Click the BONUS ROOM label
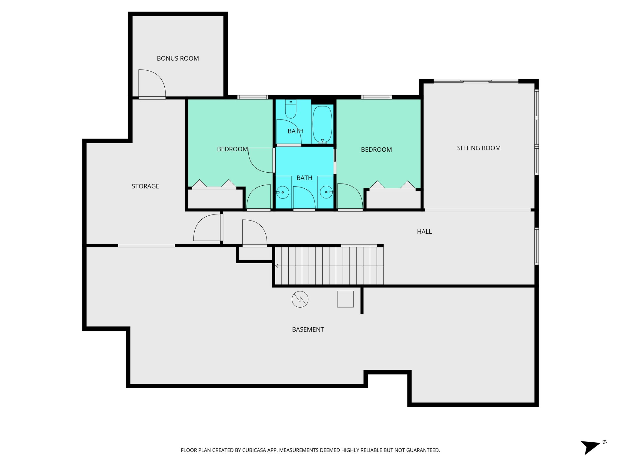[x=178, y=59]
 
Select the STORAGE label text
[x=145, y=186]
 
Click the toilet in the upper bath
[x=290, y=110]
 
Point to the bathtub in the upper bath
[x=322, y=124]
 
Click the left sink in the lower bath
[x=283, y=192]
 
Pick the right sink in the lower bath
[x=326, y=192]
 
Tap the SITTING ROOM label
[x=478, y=148]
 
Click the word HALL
[x=424, y=232]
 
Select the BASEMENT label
[x=308, y=329]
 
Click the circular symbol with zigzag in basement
[x=300, y=299]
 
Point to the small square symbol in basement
[x=345, y=299]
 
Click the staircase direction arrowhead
[x=277, y=266]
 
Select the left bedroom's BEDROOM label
[x=232, y=149]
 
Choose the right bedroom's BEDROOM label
[x=376, y=150]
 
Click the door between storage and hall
[x=207, y=228]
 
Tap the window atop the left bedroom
[x=253, y=97]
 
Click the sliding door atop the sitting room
[x=476, y=81]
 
